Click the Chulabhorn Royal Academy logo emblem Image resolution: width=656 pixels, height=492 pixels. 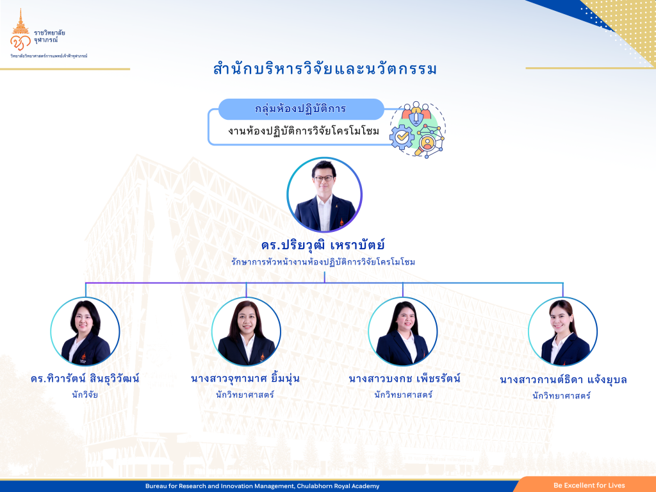click(x=20, y=31)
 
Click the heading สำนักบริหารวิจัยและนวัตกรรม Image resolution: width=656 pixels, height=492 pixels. click(x=325, y=69)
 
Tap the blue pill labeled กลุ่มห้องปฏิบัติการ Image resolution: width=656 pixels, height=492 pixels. click(x=301, y=109)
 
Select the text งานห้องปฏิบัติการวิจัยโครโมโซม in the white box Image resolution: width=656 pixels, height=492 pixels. click(x=304, y=131)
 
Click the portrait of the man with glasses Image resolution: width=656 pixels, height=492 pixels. click(x=324, y=195)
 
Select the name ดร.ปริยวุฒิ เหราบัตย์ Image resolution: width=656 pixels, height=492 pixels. click(x=323, y=245)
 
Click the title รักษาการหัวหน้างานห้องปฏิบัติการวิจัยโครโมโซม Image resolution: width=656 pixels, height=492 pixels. click(x=323, y=262)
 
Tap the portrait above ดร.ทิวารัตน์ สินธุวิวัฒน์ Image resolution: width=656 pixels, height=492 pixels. click(x=85, y=331)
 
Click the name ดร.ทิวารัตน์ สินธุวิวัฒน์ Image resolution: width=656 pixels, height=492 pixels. click(x=85, y=379)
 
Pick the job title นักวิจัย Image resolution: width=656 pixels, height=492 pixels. click(x=85, y=395)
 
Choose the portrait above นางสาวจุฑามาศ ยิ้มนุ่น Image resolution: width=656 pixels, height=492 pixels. click(x=246, y=331)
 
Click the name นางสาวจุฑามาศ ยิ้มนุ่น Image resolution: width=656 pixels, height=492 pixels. click(x=245, y=379)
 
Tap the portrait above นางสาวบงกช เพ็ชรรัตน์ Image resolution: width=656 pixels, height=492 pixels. click(x=402, y=331)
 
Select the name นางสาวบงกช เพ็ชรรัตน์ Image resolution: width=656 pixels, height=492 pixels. click(x=405, y=379)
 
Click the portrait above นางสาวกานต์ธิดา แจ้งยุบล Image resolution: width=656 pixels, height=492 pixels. click(x=562, y=331)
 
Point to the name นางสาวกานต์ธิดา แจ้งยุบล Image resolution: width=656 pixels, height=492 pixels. click(x=563, y=380)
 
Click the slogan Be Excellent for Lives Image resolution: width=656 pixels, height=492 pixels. click(x=589, y=486)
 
